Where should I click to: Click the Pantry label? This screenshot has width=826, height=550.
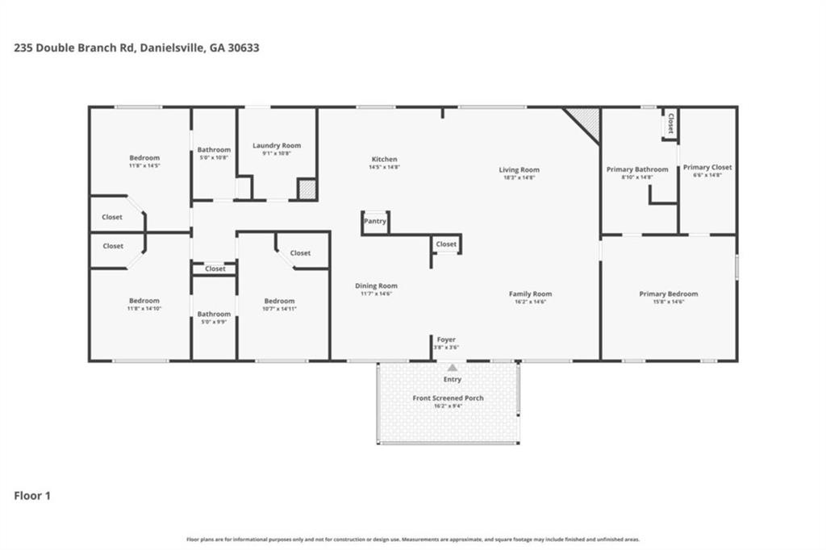[x=375, y=221]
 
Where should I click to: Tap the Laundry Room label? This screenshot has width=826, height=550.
[x=277, y=146]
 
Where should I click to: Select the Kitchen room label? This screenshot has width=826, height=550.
[x=384, y=160]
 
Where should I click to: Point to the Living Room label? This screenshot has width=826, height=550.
[x=519, y=170]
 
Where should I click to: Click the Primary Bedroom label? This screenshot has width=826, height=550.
[x=668, y=294]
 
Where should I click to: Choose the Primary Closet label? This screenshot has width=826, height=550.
[x=707, y=168]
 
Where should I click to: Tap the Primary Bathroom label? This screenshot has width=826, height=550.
[x=637, y=169]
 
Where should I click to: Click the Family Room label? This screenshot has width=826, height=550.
[x=530, y=294]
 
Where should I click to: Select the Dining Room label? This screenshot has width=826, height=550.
[x=377, y=286]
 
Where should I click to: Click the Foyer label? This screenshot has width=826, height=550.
[x=447, y=340]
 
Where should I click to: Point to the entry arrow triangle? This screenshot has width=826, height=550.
[x=452, y=368]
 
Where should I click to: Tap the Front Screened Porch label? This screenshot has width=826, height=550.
[x=448, y=398]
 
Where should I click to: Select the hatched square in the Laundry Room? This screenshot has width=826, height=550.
[x=307, y=190]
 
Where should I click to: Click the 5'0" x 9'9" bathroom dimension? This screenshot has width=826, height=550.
[x=215, y=322]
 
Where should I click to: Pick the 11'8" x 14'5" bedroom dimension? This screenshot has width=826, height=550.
[x=144, y=165]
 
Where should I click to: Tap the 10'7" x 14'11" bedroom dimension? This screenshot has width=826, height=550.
[x=280, y=309]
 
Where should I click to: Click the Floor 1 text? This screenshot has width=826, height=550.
[x=32, y=496]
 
